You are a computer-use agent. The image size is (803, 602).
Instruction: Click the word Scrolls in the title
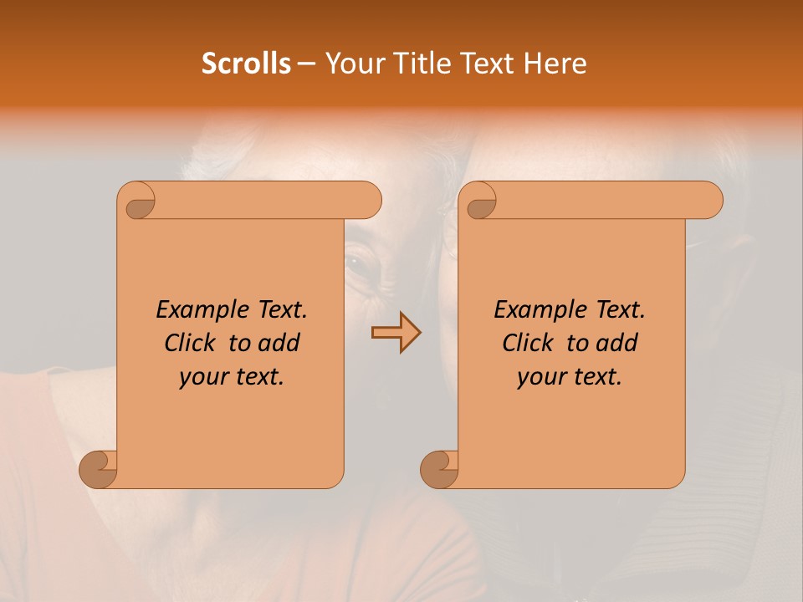click(x=246, y=64)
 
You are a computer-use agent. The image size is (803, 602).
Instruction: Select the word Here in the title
click(x=555, y=64)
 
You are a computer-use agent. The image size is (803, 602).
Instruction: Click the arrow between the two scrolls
click(x=396, y=333)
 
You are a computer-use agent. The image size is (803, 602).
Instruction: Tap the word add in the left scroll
click(x=279, y=344)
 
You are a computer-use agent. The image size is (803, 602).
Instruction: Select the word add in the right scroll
click(x=617, y=344)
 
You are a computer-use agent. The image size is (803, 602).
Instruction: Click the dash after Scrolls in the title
click(x=307, y=64)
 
